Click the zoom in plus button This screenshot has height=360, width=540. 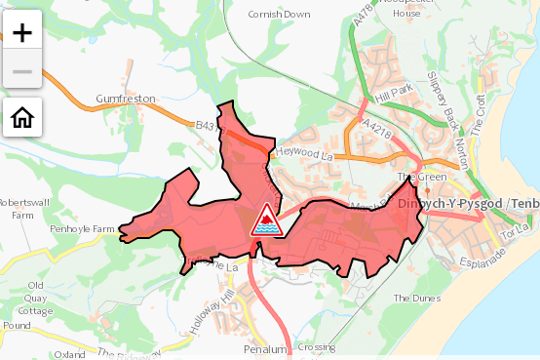22,31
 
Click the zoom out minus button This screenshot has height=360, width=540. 22,72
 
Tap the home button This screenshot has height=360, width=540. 22,118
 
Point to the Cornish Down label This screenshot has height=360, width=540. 279,15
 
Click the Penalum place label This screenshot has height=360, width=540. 266,348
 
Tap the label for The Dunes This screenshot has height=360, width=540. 410,298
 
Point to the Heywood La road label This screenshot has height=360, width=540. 304,154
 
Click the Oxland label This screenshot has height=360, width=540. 70,353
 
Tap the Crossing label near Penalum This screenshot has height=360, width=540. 317,347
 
